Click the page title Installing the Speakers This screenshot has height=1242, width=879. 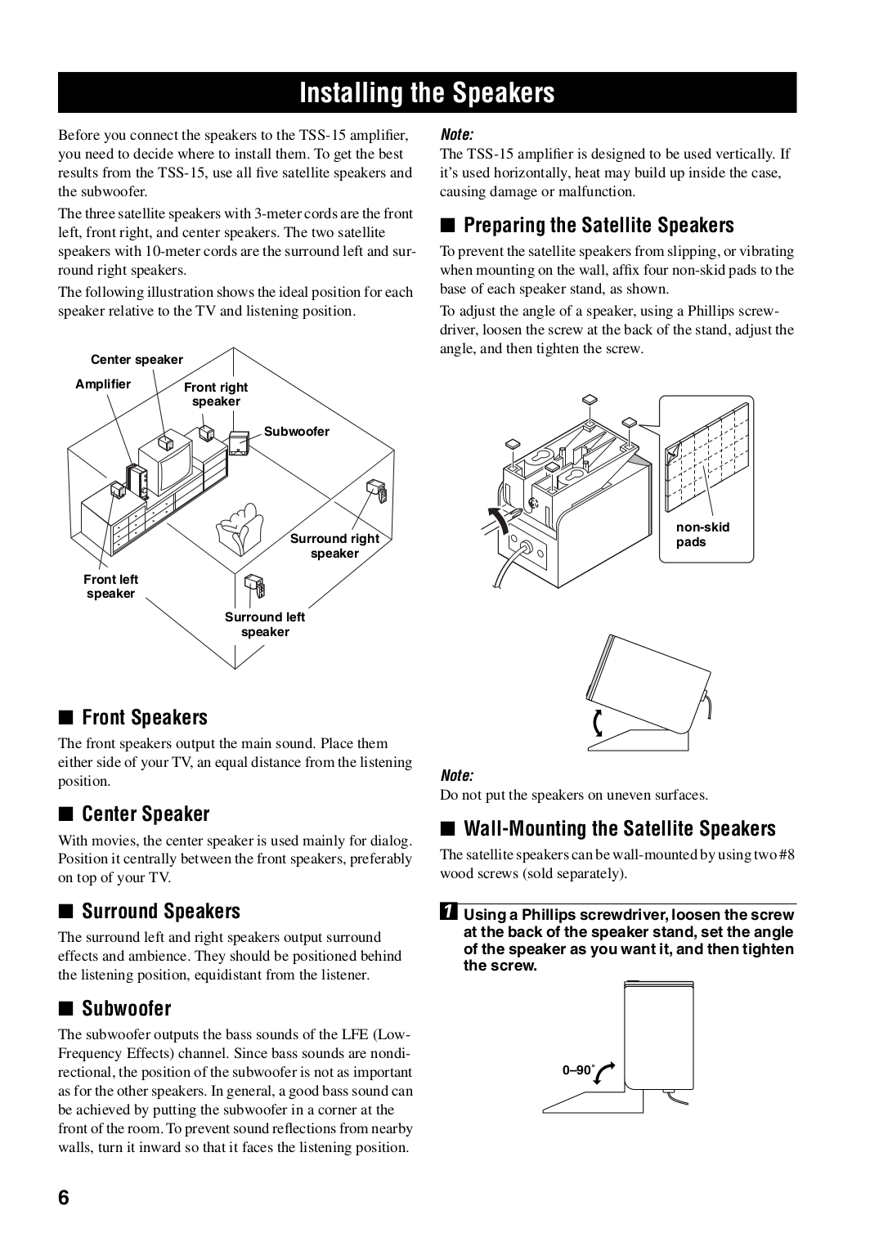[427, 93]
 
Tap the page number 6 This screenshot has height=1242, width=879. [65, 1198]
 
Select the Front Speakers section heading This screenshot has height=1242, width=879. [145, 717]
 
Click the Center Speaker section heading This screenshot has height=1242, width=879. [146, 814]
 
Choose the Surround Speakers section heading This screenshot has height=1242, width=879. [161, 911]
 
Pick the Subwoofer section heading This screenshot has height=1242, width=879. [127, 1008]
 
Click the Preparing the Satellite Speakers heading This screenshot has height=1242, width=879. [599, 225]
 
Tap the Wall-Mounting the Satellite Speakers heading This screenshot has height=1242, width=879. [619, 828]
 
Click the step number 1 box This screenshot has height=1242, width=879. [449, 914]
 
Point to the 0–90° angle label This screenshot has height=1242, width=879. [576, 1069]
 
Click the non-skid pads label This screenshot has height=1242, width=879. [702, 535]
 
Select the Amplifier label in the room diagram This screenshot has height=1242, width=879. [103, 384]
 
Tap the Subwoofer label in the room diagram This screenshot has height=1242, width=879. [296, 432]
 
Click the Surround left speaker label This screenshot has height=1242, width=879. [265, 625]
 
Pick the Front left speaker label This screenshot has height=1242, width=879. [110, 586]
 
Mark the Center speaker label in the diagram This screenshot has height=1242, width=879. [137, 360]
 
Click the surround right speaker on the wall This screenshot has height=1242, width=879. [377, 491]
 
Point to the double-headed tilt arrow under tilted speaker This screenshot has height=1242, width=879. [599, 724]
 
